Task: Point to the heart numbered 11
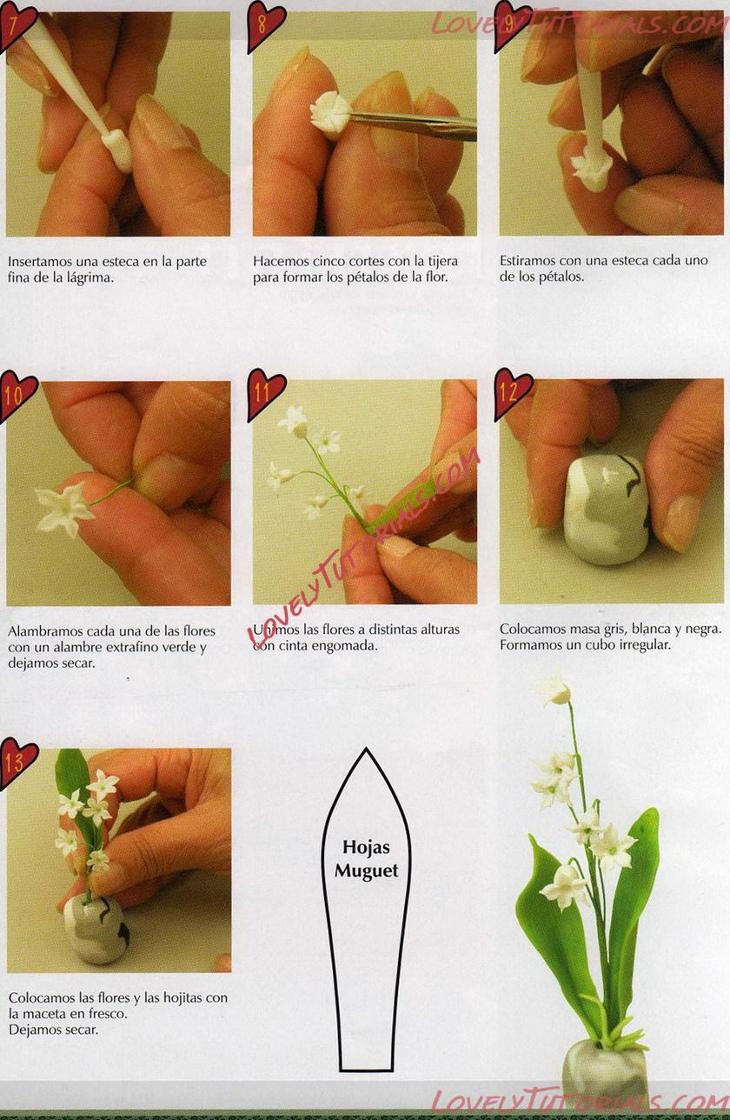click(x=265, y=393)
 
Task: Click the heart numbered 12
click(x=512, y=393)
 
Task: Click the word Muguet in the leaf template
click(x=366, y=871)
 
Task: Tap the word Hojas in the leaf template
click(x=366, y=847)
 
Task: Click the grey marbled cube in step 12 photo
click(x=608, y=510)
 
